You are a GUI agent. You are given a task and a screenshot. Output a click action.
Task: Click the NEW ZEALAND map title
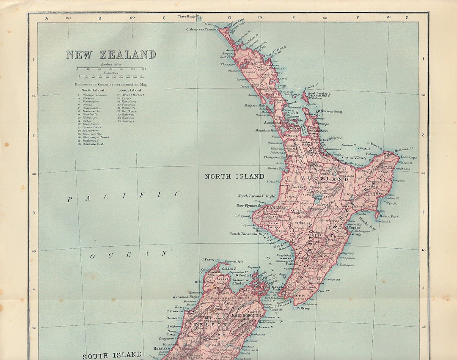tap(111, 55)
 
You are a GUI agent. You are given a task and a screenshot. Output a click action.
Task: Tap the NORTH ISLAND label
tap(234, 176)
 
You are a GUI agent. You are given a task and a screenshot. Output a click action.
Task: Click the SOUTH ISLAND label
tap(112, 355)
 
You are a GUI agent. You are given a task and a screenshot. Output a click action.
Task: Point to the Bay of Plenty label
tap(355, 157)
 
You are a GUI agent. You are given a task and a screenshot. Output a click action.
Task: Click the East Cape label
tap(408, 157)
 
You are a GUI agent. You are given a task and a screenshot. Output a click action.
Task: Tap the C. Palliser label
tap(301, 308)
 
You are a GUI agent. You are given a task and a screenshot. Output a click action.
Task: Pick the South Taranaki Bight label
tap(249, 234)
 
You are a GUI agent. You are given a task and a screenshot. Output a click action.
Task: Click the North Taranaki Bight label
tap(256, 196)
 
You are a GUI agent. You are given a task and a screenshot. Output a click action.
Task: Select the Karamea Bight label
tap(186, 297)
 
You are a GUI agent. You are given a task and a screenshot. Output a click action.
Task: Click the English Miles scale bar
tap(111, 68)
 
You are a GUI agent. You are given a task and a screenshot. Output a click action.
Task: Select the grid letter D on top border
tap(230, 18)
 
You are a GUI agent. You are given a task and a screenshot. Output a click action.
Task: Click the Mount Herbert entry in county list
tap(133, 95)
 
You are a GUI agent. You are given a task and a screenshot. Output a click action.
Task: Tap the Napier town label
tap(354, 227)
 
